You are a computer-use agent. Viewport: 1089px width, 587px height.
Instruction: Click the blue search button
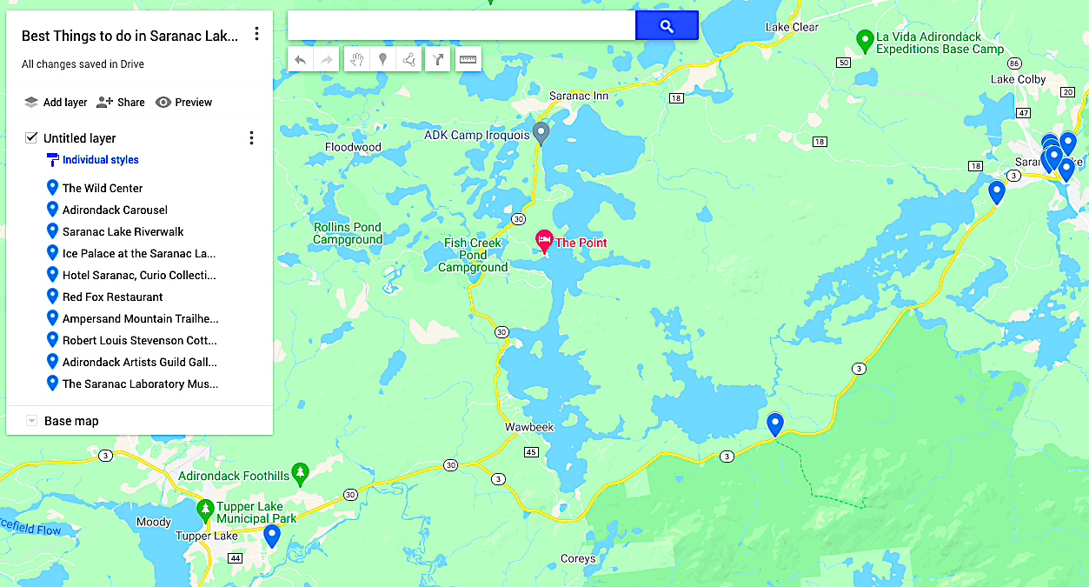coord(667,26)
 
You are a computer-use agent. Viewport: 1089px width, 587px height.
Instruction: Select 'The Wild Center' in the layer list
coord(103,188)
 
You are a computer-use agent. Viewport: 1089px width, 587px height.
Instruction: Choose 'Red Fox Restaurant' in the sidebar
coord(112,297)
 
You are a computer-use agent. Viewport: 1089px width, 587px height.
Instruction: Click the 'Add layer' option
coord(56,103)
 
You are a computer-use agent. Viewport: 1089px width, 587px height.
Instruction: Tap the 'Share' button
coord(121,103)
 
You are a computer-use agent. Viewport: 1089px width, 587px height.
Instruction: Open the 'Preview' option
coord(183,103)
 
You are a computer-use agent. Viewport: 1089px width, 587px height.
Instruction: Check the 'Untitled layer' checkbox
coord(31,137)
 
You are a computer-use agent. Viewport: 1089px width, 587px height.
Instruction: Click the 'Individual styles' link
coord(100,160)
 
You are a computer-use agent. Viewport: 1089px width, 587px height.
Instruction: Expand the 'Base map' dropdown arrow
coord(32,421)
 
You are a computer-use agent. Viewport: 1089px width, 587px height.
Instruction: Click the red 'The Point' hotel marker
coord(545,241)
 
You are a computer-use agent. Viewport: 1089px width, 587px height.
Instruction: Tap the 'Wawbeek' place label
coord(529,427)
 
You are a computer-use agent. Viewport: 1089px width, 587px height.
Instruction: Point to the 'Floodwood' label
coord(353,147)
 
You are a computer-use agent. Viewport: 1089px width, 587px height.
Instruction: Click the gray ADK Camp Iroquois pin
coord(541,133)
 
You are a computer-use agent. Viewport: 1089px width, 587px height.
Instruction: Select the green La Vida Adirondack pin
coord(864,40)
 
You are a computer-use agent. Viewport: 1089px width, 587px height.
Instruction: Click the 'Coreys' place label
coord(578,558)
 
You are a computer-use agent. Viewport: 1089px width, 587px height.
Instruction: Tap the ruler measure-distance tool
coord(468,59)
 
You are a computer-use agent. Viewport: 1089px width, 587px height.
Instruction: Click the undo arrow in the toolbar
coord(301,59)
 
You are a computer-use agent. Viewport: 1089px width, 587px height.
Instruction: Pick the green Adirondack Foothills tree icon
coord(301,474)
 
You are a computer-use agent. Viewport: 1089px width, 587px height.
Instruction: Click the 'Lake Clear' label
coord(792,27)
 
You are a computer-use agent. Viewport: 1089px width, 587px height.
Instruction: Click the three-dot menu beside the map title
coord(256,34)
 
